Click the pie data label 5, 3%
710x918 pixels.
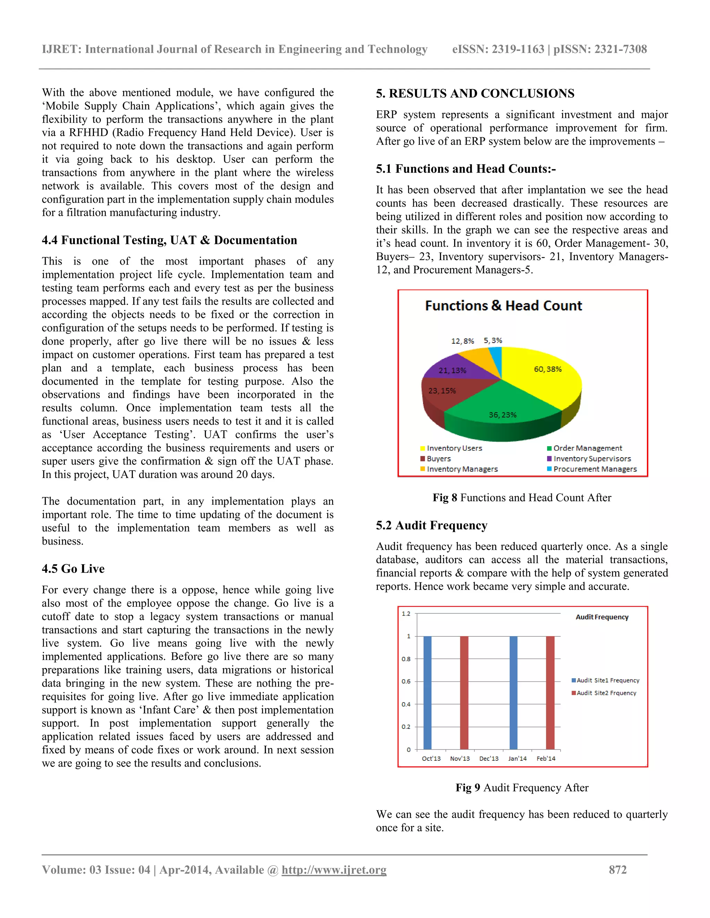tap(493, 341)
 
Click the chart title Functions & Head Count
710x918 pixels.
tap(503, 306)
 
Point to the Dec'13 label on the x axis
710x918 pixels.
tap(489, 758)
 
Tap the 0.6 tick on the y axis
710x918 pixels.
tap(406, 681)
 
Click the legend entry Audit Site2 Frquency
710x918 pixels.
tap(606, 693)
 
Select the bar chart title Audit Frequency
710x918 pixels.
tap(602, 617)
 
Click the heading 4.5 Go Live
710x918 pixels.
tap(73, 569)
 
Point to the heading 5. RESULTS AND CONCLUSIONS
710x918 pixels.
tap(475, 93)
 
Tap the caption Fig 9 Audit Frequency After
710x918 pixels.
tap(522, 788)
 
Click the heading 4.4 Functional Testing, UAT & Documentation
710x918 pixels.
tap(169, 240)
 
